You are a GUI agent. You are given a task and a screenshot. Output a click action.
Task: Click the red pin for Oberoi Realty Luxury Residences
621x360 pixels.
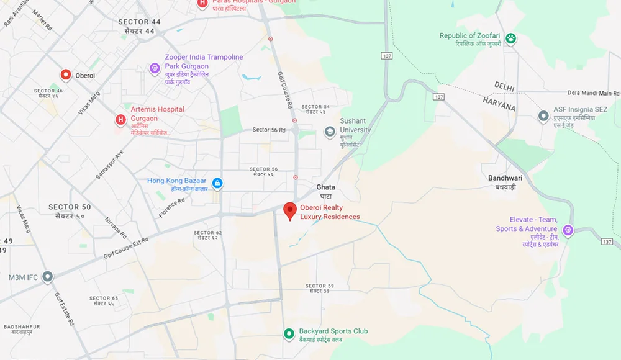(x=289, y=210)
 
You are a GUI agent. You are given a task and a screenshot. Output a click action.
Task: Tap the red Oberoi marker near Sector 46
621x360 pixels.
(x=66, y=75)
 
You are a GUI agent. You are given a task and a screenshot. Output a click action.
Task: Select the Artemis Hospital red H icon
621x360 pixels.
(x=120, y=119)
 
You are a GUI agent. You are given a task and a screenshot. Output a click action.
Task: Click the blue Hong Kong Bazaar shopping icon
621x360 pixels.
(x=217, y=183)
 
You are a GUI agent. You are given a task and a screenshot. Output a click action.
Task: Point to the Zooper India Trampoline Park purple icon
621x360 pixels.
(x=155, y=68)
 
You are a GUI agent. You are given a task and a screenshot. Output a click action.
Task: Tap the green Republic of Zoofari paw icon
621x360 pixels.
(x=510, y=39)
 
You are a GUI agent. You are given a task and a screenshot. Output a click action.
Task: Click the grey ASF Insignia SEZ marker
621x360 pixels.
(x=543, y=116)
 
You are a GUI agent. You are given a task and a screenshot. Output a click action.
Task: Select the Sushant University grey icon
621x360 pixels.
(x=330, y=131)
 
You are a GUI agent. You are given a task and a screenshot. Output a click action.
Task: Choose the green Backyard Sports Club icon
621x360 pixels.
(x=289, y=334)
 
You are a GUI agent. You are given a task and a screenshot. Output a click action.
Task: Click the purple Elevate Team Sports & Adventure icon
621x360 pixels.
(x=568, y=231)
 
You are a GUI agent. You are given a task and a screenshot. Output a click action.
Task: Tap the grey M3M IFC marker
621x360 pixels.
(x=48, y=277)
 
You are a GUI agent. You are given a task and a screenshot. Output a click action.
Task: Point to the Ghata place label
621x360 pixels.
(x=325, y=187)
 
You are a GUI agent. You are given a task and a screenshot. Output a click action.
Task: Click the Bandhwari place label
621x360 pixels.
(x=505, y=178)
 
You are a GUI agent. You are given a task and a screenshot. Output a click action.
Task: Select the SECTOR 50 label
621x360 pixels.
(x=70, y=207)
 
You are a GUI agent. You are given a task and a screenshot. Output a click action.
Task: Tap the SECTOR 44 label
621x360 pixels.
(x=139, y=22)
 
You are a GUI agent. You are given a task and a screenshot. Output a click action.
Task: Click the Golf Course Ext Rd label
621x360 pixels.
(x=126, y=248)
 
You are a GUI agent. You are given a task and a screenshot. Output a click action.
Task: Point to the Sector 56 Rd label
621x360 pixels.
(x=269, y=130)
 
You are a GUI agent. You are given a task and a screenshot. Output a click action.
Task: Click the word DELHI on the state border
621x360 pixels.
(x=504, y=86)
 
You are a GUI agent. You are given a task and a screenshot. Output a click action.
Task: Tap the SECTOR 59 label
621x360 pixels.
(x=320, y=286)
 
